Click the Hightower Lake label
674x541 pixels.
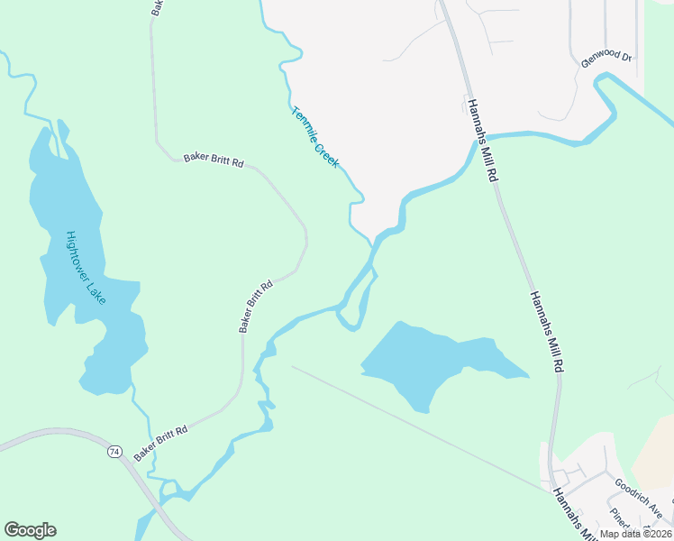coord(86,268)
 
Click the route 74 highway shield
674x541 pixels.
coord(114,450)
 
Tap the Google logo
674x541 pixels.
coord(30,530)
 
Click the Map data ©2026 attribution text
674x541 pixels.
coord(635,534)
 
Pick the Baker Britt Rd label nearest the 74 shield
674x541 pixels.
coord(160,443)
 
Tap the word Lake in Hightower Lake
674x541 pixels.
coord(96,290)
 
